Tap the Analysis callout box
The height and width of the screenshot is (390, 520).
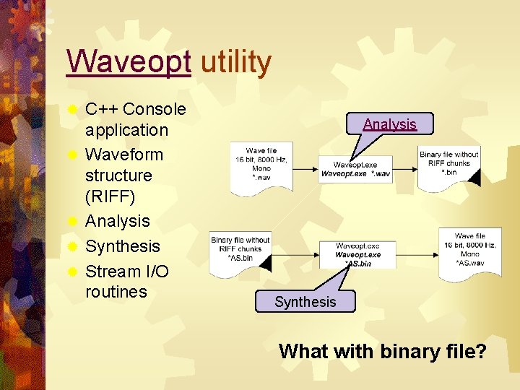pyautogui.click(x=389, y=123)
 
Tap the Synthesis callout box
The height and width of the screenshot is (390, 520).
pyautogui.click(x=305, y=301)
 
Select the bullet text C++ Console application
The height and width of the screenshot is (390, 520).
pyautogui.click(x=135, y=119)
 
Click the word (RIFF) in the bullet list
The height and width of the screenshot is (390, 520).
pyautogui.click(x=110, y=196)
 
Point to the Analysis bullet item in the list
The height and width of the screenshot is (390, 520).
pyautogui.click(x=117, y=221)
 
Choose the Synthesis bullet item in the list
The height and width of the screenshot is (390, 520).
pyautogui.click(x=122, y=246)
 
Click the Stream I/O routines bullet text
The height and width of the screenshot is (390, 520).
pyautogui.click(x=126, y=281)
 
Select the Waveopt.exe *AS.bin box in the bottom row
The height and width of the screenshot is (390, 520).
pyautogui.click(x=357, y=255)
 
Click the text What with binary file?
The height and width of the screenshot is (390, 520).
pyautogui.click(x=382, y=352)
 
